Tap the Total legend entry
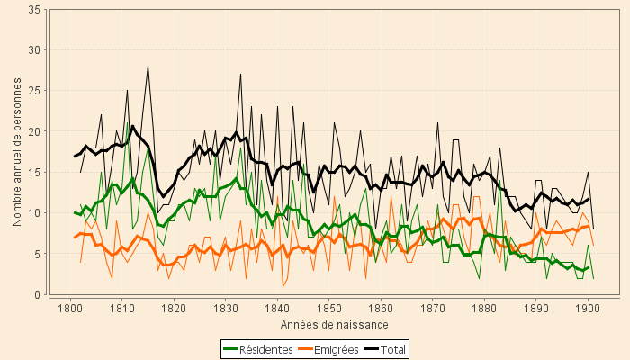394,349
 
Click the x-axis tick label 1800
70,310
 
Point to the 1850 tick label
328,310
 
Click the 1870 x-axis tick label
432,310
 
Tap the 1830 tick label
225,310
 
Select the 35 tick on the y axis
33,9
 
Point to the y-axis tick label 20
33,131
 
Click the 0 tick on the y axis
36,294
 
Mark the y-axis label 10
33,213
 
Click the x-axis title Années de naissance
334,324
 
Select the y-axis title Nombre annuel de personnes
18,151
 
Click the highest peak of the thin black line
148,66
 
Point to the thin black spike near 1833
241,75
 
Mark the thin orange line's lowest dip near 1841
283,286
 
